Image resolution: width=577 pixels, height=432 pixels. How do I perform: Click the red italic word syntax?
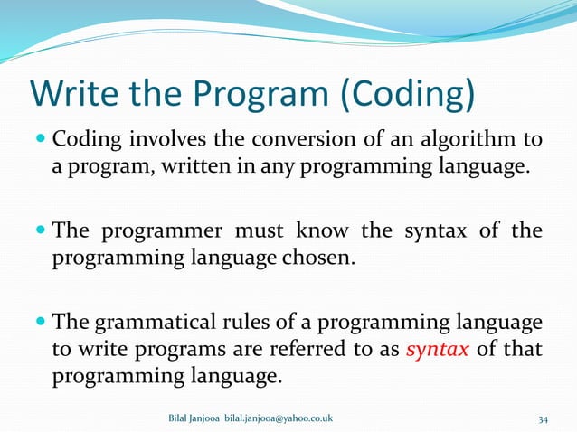(x=438, y=349)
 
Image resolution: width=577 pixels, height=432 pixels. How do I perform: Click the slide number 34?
(x=543, y=418)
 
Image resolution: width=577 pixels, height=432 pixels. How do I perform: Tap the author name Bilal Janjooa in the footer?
(x=194, y=418)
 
